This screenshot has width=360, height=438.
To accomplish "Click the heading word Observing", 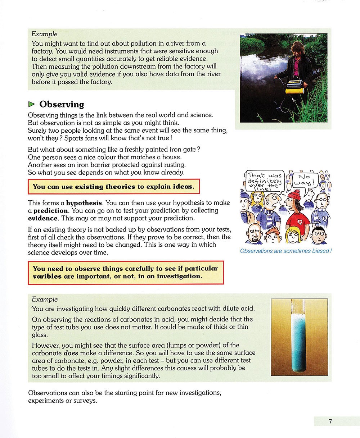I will point(62,104).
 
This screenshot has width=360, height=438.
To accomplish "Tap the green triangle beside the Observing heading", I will point(32,104).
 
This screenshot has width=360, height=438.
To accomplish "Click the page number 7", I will point(330,421).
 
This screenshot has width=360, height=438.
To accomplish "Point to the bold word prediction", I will point(50,210).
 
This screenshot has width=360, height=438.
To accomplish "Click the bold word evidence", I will point(43,218).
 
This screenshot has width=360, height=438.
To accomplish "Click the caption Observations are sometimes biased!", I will point(285,251).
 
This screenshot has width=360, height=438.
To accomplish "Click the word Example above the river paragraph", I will point(45,34).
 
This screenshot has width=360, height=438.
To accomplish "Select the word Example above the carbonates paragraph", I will point(45,299).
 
